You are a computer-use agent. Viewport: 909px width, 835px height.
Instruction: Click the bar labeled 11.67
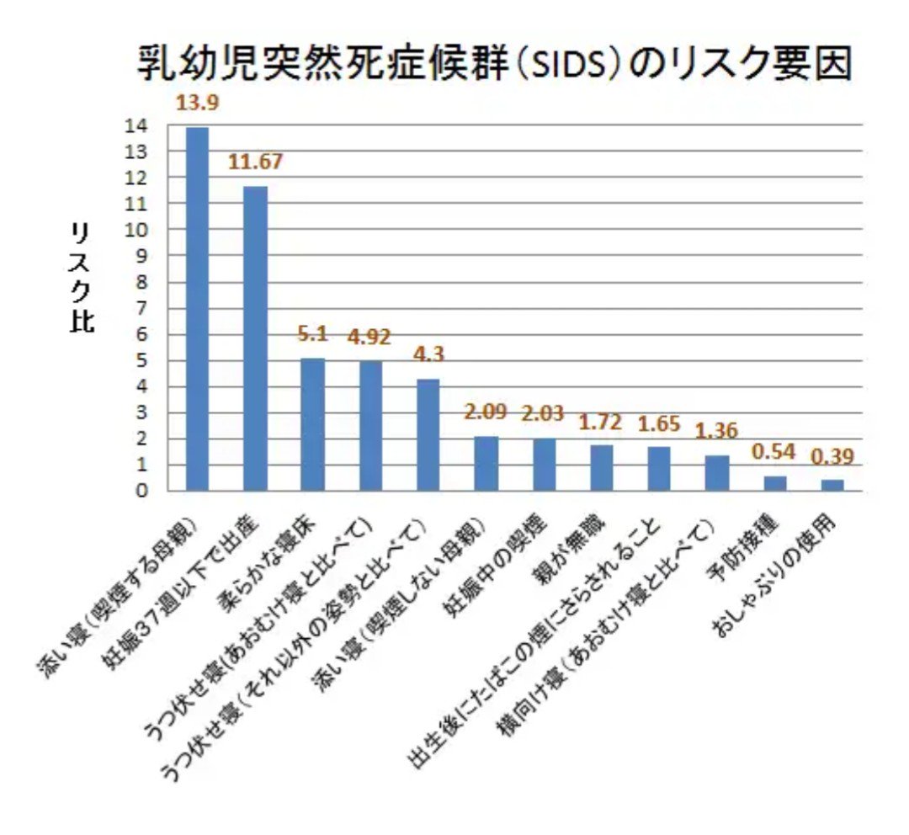click(255, 338)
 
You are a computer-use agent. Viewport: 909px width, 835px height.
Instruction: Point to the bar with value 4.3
click(428, 434)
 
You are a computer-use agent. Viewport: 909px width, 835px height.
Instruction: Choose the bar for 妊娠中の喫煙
click(544, 464)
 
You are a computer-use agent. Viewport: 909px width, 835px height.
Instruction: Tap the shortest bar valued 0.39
click(832, 485)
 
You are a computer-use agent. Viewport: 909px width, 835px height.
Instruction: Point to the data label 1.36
click(716, 431)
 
